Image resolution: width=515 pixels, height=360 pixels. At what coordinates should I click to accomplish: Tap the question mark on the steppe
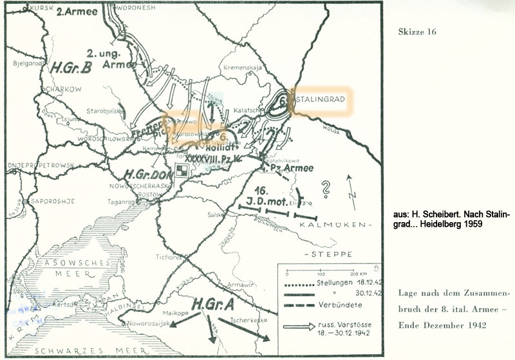click(x=326, y=188)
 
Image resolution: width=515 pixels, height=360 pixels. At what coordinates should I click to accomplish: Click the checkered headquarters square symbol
click(x=183, y=169)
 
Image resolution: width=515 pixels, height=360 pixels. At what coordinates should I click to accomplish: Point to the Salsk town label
click(x=216, y=214)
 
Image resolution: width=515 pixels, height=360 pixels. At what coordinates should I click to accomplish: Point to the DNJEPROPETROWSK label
click(x=40, y=165)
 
